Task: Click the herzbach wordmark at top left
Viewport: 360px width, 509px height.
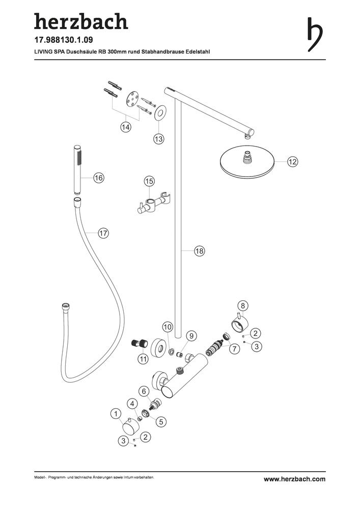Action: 81,21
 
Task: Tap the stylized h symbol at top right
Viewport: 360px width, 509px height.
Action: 315,35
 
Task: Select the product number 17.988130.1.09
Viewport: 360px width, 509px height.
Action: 64,40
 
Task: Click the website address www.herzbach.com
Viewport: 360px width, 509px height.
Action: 294,479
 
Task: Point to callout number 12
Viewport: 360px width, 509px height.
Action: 292,161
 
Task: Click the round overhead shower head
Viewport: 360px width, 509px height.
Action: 247,163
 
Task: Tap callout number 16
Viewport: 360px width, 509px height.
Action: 99,178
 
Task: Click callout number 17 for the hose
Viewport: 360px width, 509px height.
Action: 103,233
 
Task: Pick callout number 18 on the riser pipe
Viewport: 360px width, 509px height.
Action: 199,251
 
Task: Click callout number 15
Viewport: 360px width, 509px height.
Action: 149,181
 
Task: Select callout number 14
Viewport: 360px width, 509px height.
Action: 126,127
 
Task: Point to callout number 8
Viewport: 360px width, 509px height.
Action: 243,305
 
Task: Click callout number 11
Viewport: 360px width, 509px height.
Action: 143,359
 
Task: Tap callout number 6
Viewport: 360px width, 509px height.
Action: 144,391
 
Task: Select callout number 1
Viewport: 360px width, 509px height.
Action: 116,414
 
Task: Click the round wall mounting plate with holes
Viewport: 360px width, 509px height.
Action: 132,98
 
